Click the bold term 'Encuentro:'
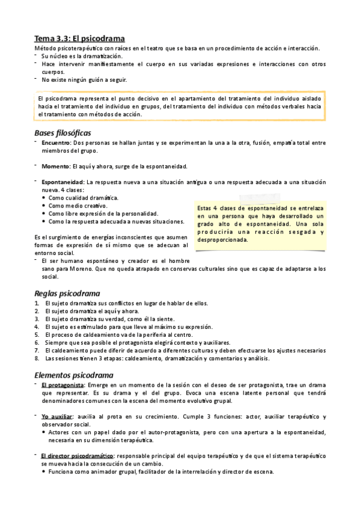pyautogui.click(x=56, y=143)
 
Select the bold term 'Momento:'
pyautogui.click(x=56, y=166)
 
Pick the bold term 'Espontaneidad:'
pyautogui.click(x=63, y=182)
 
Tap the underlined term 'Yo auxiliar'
pyautogui.click(x=57, y=416)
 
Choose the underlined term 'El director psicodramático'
pyautogui.click(x=78, y=456)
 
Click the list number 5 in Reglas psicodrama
pyautogui.click(x=37, y=334)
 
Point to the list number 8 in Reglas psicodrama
pyautogui.click(x=37, y=358)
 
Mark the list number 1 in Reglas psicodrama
pyautogui.click(x=37, y=303)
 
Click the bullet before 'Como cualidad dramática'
pyautogui.click(x=44, y=198)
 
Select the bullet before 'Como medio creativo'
pyautogui.click(x=44, y=206)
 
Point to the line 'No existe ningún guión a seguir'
pyautogui.click(x=85, y=79)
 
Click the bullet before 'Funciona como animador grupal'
pyautogui.click(x=44, y=472)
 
